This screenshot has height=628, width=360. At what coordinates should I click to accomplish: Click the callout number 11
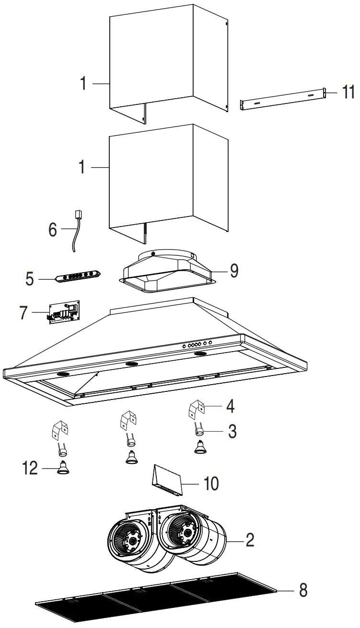coord(348,92)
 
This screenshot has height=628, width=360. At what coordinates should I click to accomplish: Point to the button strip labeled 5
coord(77,278)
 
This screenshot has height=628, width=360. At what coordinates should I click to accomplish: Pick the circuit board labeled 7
coord(64,313)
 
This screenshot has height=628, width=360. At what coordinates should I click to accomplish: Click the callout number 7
coord(24,313)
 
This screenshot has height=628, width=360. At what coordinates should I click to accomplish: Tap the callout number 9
coord(233,271)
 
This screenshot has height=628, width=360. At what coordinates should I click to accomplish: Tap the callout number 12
coord(29,468)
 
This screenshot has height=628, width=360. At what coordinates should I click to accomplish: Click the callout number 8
coord(302,591)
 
